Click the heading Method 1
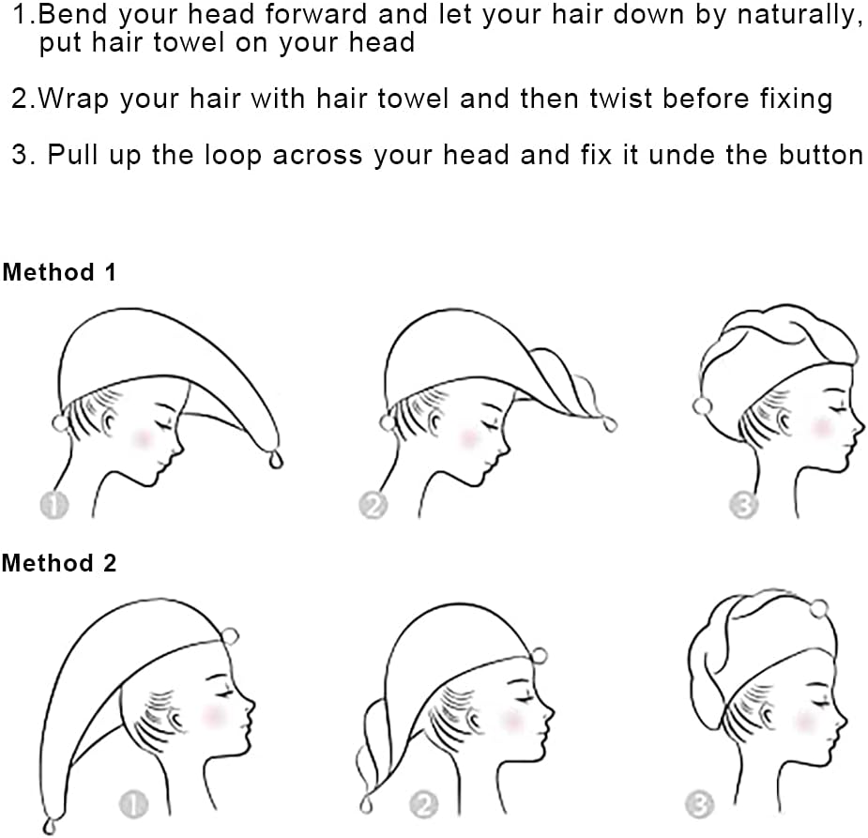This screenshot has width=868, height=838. pos(59,272)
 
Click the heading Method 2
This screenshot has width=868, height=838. pos(59,563)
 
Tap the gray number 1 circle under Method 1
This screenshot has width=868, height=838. pos(54,504)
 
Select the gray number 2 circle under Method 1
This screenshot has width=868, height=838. pos(373,504)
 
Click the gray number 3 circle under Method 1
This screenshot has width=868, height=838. pos(743,504)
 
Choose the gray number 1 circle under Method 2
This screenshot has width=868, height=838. pos(134,803)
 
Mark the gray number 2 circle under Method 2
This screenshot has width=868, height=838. pos(424,804)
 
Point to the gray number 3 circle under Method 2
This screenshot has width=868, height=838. pos(699,803)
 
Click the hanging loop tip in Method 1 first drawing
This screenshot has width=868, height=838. pos(275,460)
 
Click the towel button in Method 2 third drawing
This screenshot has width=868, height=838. pos(818,609)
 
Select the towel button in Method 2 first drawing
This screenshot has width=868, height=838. pos(230,636)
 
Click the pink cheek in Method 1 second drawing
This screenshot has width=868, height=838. pos(469,437)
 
